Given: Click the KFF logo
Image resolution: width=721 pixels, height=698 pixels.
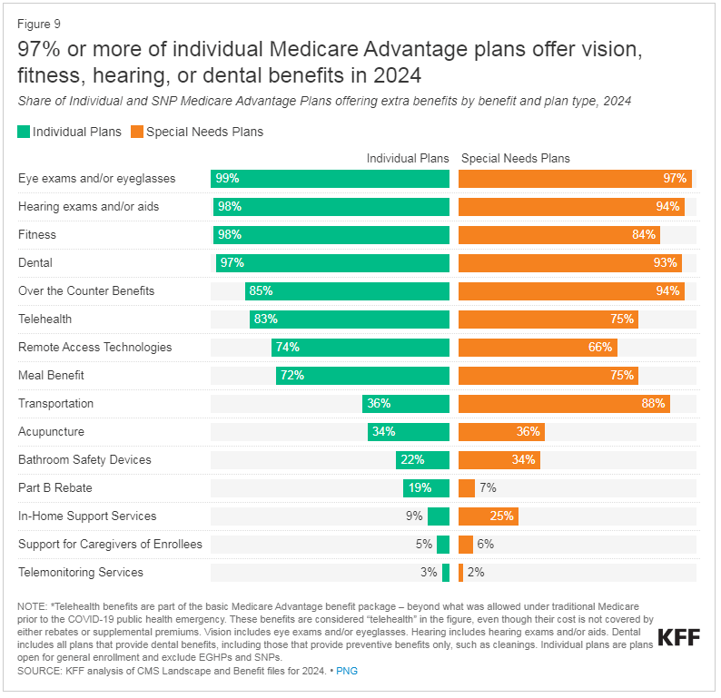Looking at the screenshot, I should coord(677,637).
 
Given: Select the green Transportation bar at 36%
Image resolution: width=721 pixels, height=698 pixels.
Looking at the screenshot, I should coord(406,404).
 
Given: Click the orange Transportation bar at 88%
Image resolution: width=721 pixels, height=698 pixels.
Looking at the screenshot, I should coord(564,404).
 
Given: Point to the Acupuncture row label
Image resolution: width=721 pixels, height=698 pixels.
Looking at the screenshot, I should coord(51,432).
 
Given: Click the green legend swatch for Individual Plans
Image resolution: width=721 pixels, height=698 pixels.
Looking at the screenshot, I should coord(24,132).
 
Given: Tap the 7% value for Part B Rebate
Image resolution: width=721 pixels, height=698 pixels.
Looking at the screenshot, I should coord(488,488).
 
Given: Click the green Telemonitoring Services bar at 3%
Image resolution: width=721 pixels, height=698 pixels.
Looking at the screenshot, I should coord(446,573).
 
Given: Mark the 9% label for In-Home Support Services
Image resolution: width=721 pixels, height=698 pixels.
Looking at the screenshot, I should coord(414,516).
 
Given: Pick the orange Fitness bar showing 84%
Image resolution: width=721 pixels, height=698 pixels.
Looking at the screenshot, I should coord(559,235).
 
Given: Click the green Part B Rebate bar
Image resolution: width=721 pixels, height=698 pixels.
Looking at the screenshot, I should coord(426,488).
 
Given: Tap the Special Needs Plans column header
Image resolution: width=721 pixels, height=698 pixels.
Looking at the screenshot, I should coord(516,159).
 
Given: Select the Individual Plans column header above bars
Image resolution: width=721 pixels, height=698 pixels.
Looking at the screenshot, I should coord(408,159).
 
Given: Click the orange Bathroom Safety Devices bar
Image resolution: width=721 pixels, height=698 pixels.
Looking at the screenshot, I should coord(499,460).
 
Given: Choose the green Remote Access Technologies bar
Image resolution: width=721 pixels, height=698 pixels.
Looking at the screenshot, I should coord(360,348).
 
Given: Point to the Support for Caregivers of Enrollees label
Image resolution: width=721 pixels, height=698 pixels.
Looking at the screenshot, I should coord(110,545).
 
